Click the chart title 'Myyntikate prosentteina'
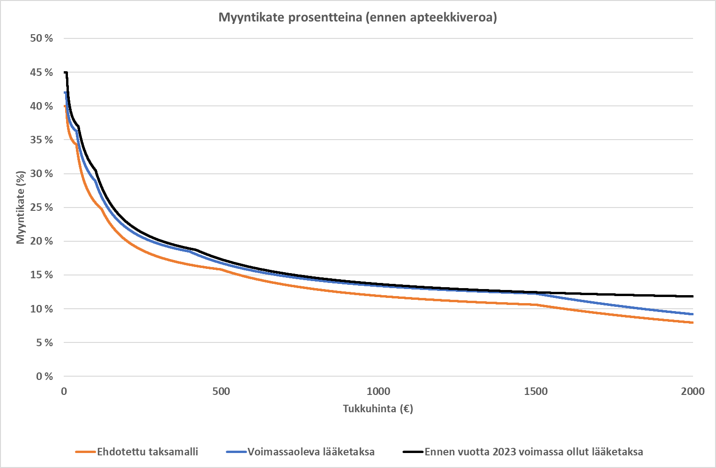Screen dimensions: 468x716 [x=358, y=18]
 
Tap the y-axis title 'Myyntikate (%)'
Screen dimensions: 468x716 [x=20, y=208]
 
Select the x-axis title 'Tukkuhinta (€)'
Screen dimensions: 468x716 [x=378, y=409]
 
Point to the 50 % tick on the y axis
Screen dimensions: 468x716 [x=41, y=38]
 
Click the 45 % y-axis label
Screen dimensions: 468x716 [x=41, y=72]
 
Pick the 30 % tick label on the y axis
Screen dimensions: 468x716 [x=41, y=174]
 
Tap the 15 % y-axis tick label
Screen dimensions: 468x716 [x=41, y=275]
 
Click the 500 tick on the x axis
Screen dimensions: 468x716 [x=221, y=392]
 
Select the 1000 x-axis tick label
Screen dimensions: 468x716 [x=378, y=392]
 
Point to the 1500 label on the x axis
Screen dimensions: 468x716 [x=536, y=392]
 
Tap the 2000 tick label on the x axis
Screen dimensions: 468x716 [x=693, y=392]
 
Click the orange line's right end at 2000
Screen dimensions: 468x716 [x=692, y=322]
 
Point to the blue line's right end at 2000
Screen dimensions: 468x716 [x=692, y=314]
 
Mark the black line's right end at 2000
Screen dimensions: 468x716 [x=692, y=296]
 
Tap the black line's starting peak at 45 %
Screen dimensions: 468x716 [x=66, y=73]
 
